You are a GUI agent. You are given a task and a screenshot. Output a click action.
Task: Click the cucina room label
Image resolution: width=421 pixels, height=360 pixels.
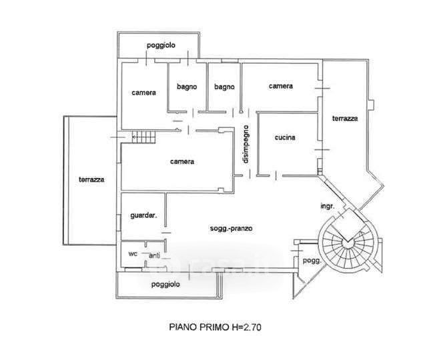coord(284,138)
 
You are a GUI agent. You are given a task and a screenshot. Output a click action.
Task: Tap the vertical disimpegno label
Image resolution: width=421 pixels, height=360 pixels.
coord(246,145)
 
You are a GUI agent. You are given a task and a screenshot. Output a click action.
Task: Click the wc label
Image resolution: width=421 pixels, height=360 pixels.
coord(132,254)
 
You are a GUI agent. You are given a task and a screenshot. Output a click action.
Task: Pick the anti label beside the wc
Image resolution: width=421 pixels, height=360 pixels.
coord(154,255)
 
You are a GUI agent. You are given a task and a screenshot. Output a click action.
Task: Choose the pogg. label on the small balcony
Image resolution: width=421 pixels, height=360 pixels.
coord(311,261)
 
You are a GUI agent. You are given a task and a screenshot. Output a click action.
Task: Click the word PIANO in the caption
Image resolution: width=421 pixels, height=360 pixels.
coord(182,327)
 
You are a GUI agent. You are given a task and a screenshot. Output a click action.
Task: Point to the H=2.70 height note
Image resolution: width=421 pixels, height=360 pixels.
coord(254,327)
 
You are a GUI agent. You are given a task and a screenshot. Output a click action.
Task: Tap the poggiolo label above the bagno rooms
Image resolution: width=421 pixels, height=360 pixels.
coord(161,45)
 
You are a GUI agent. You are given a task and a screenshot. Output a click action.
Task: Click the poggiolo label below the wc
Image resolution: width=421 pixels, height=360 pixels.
coord(165,284)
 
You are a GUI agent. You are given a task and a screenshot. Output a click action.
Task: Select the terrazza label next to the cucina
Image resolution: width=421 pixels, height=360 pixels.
coord(345,119)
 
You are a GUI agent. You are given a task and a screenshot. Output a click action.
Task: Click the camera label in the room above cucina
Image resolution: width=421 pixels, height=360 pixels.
coord(281,86)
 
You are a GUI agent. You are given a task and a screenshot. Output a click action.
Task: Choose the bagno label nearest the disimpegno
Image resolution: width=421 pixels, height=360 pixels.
coord(224,86)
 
